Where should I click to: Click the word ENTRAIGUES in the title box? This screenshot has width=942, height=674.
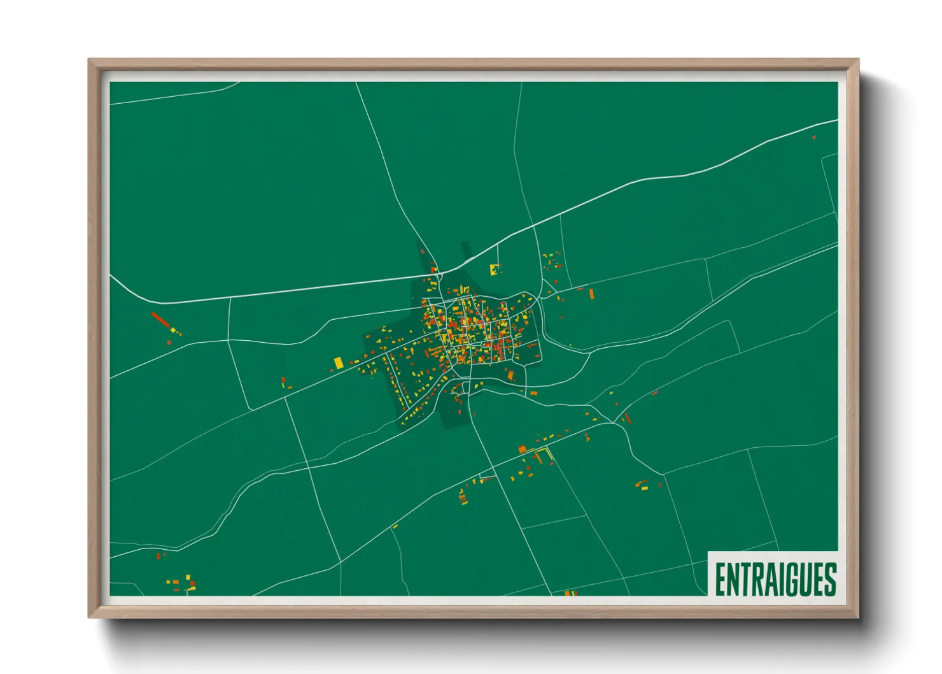point(775,579)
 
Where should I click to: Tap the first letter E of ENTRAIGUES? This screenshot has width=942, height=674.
point(721,579)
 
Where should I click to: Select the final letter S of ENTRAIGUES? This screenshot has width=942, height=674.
point(830,579)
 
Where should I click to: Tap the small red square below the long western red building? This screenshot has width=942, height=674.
point(169,342)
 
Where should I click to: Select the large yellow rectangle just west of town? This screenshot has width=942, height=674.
point(339,362)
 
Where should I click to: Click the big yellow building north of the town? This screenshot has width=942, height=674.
point(494,269)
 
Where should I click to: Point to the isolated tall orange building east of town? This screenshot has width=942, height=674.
point(591,294)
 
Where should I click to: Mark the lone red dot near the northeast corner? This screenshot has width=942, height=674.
point(813,137)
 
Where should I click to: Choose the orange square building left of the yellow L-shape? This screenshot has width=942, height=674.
point(522,450)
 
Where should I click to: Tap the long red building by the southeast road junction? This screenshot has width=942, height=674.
point(627,418)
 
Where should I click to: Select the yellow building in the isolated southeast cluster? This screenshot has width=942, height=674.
point(644,488)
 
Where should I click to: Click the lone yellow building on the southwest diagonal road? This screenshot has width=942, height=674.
point(395,526)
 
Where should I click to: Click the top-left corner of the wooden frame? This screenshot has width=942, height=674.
point(89,60)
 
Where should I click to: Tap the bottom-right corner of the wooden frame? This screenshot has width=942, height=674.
point(858,617)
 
